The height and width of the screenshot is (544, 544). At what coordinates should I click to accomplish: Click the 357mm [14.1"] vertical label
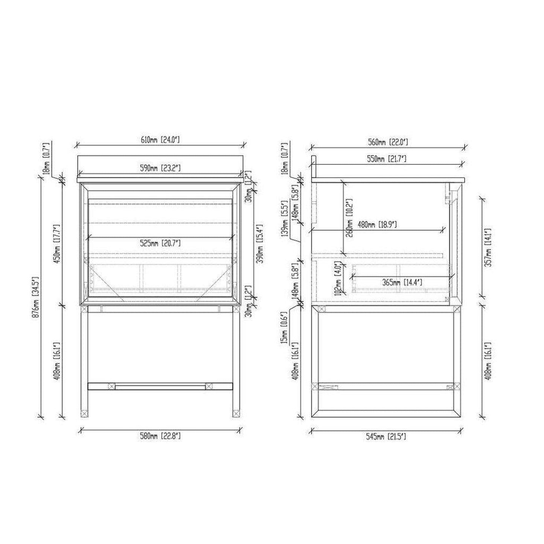pos(488,247)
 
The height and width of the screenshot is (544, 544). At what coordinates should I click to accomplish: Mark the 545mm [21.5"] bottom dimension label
pos(386,437)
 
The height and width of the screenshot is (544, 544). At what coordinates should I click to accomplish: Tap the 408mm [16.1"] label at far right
pos(488,361)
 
